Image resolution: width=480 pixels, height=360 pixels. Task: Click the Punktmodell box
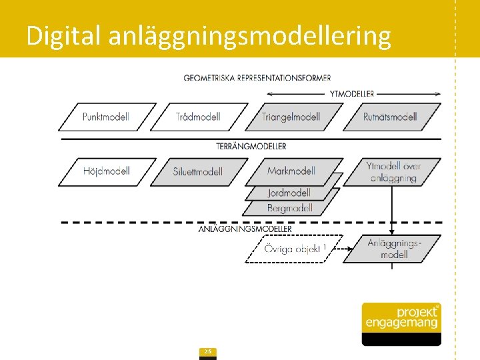(x=107, y=117)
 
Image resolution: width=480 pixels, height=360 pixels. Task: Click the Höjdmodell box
(x=107, y=171)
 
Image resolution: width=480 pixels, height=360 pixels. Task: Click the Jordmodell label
(x=289, y=193)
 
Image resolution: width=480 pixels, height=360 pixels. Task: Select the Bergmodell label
(x=289, y=208)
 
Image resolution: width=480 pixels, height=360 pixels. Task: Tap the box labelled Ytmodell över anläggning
(x=393, y=171)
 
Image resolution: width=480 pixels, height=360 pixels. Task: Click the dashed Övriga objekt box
(x=293, y=249)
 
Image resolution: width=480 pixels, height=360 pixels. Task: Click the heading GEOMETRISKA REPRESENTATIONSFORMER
(x=257, y=78)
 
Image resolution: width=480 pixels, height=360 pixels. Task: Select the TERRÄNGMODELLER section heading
(x=251, y=146)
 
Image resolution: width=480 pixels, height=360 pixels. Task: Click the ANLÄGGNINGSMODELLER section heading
(x=245, y=229)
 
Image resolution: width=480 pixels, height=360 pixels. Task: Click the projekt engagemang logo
(x=401, y=323)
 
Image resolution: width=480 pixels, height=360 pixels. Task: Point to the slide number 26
(x=208, y=352)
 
